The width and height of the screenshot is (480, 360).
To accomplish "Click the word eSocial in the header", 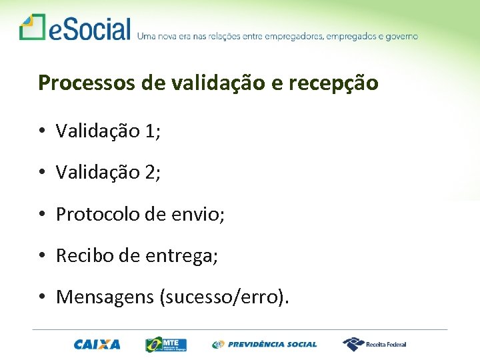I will pos(89,29).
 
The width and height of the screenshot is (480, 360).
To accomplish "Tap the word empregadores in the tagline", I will pos(294,36).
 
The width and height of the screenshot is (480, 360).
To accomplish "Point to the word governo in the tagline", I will pos(400,36).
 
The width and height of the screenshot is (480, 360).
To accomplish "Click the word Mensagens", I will pos(105,297).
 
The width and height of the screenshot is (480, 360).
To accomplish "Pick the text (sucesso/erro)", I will pos(223,297).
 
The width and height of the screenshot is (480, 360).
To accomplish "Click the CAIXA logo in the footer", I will pos(97,345).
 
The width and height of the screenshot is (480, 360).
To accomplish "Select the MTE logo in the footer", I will pos(167,345).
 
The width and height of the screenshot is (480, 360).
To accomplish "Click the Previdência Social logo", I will pos(265,345).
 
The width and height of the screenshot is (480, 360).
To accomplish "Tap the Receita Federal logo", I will pos(374,344).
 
